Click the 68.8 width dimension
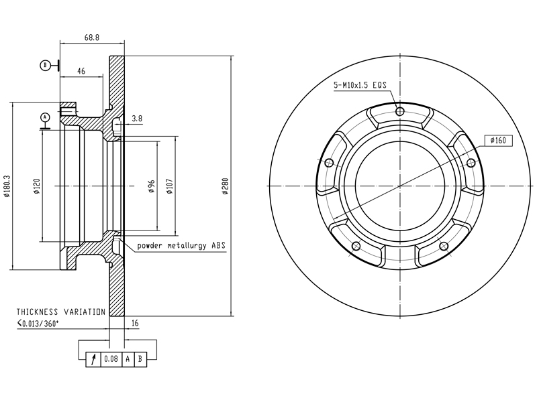[92, 38]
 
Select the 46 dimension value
[81, 71]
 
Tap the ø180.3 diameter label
[7, 186]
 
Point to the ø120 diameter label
[37, 186]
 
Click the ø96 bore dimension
[152, 186]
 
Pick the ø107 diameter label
[170, 186]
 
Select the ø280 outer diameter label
[225, 186]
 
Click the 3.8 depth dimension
[137, 119]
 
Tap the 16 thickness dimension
[135, 323]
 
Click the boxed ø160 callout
[499, 141]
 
